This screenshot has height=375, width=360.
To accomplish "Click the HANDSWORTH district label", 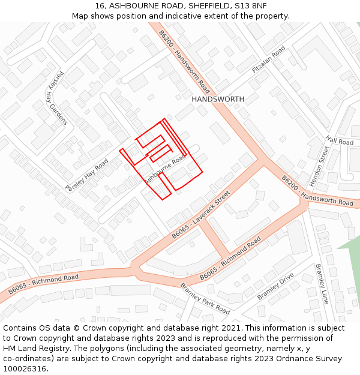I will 218,99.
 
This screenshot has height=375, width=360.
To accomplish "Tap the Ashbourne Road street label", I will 165,170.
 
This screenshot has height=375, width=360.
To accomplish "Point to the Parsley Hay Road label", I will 86,175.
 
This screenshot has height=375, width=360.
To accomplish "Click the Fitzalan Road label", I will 270,60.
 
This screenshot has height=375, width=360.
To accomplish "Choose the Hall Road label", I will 340,141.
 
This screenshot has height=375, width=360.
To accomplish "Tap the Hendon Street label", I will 318,165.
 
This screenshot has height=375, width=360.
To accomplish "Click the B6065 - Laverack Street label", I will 201,215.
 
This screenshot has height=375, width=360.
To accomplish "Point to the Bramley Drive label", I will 275,286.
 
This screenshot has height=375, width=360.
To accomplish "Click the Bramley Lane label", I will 322,284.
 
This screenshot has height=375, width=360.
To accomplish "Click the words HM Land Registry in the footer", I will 35,348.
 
